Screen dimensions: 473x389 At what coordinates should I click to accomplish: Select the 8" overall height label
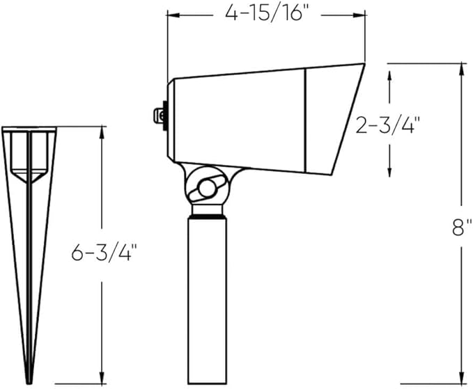pyautogui.click(x=462, y=228)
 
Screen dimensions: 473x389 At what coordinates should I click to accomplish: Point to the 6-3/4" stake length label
pyautogui.click(x=104, y=252)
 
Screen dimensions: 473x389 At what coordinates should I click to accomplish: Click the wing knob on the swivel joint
pyautogui.click(x=207, y=189)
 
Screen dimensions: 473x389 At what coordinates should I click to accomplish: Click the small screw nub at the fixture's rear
pyautogui.click(x=159, y=116)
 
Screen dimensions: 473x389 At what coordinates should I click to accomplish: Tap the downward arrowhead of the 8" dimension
pyautogui.click(x=461, y=377)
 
